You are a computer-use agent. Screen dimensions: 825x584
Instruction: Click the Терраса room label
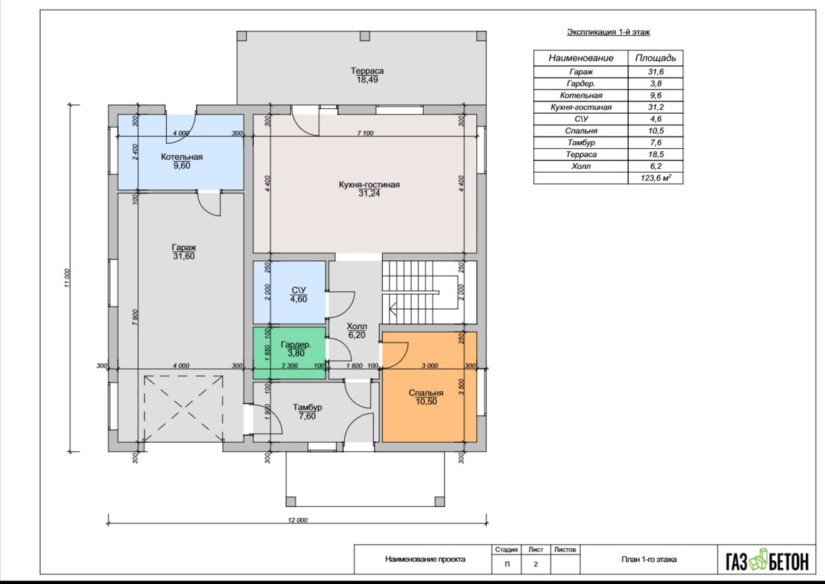pyautogui.click(x=367, y=70)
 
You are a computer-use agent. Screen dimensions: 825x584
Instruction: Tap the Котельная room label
pyautogui.click(x=182, y=157)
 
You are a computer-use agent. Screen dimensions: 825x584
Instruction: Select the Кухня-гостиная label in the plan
pyautogui.click(x=369, y=185)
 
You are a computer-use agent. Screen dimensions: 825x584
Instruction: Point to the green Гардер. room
pyautogui.click(x=289, y=353)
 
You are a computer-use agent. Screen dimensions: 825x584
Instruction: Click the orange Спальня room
pyautogui.click(x=429, y=387)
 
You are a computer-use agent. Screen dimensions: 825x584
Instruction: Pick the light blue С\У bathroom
pyautogui.click(x=289, y=292)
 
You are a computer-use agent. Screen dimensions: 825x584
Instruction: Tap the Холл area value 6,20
pyautogui.click(x=356, y=335)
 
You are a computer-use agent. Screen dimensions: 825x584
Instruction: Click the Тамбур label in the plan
pyautogui.click(x=308, y=408)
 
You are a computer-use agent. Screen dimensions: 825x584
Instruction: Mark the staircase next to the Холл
pyautogui.click(x=429, y=292)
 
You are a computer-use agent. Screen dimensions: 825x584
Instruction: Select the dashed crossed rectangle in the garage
pyautogui.click(x=184, y=408)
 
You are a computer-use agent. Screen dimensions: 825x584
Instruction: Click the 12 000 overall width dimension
pyautogui.click(x=297, y=520)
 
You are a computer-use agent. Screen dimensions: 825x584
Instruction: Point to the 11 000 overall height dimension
pyautogui.click(x=67, y=278)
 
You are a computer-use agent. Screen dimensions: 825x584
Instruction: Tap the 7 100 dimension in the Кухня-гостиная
pyautogui.click(x=365, y=133)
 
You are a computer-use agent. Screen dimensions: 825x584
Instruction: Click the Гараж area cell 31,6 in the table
pyautogui.click(x=656, y=72)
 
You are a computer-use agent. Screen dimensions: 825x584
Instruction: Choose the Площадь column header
pyautogui.click(x=656, y=58)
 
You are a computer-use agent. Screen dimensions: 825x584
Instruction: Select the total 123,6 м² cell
pyautogui.click(x=656, y=178)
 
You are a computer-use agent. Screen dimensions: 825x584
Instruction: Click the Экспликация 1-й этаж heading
pyautogui.click(x=608, y=32)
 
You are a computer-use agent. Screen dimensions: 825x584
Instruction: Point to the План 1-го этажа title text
pyautogui.click(x=649, y=559)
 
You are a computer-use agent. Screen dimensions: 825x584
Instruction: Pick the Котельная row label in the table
pyautogui.click(x=581, y=95)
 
